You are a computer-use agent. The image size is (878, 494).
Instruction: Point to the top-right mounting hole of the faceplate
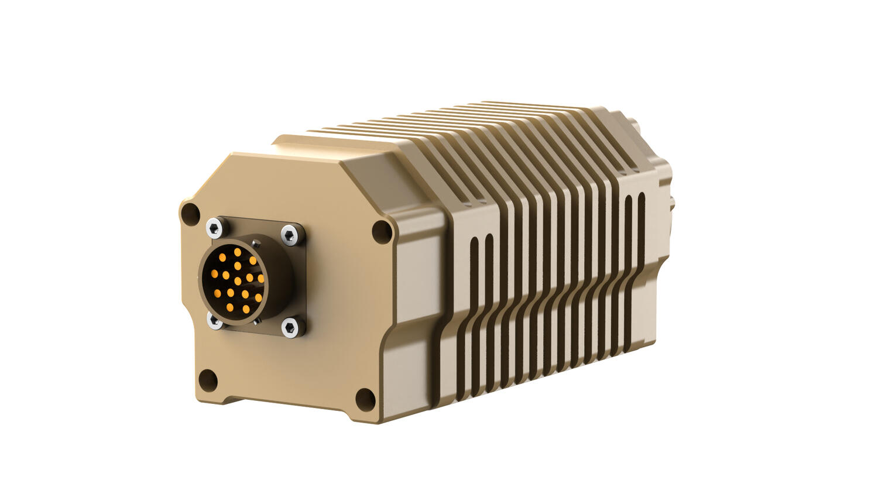pos(382,231)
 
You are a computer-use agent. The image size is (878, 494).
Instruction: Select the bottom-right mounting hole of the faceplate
pos(365,398)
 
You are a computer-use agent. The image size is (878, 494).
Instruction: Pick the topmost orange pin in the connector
pos(237,252)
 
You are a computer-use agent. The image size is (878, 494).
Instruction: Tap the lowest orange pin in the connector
pos(246,309)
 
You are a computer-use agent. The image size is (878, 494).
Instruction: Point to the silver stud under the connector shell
pos(256,321)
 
